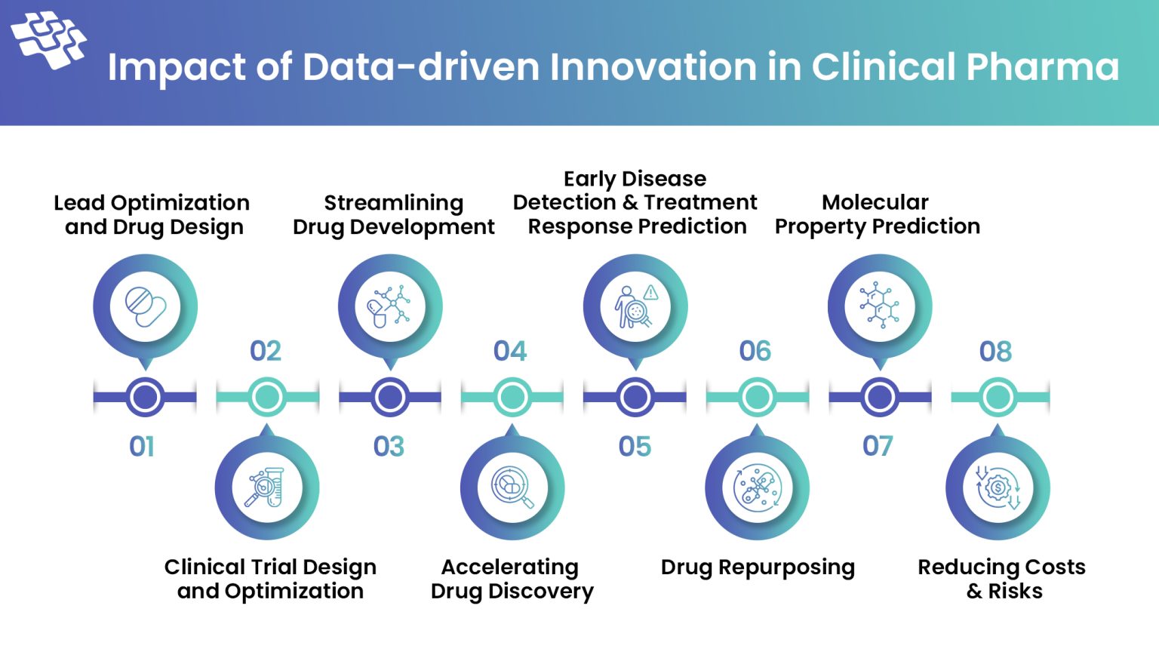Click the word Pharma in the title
point(1042,67)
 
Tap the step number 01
point(142,447)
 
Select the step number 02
point(266,352)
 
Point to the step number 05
point(635,447)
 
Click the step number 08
point(995,352)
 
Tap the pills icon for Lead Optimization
point(145,306)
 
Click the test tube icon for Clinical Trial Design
point(266,488)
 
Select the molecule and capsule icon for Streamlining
point(389,306)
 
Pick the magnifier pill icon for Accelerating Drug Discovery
point(512,488)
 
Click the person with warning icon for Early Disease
point(635,306)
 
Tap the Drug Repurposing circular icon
point(757,488)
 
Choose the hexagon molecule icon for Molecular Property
point(879,306)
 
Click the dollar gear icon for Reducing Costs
point(998,488)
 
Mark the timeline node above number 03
point(390,397)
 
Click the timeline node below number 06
point(757,397)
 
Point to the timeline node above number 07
point(879,397)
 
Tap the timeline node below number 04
point(512,397)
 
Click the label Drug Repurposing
point(758,567)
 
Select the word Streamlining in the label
point(393,203)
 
